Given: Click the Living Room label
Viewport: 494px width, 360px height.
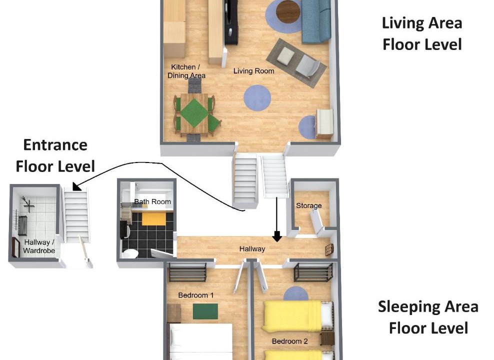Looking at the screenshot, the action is click(253, 71).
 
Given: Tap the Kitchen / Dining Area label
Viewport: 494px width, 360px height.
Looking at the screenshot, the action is click(186, 71).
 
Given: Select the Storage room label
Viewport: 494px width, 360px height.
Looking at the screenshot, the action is click(309, 205).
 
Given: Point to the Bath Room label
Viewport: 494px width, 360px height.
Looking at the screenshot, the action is click(152, 201).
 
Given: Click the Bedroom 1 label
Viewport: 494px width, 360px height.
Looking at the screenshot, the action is click(195, 295).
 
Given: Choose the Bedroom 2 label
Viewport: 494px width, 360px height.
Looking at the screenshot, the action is click(290, 341).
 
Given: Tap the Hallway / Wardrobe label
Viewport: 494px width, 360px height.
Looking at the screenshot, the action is click(39, 246).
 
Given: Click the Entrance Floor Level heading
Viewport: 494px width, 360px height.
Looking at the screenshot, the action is click(55, 155).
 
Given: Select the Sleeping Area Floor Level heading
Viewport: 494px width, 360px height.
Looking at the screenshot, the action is click(428, 317).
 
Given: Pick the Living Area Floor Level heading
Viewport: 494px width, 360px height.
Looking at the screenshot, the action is click(422, 33).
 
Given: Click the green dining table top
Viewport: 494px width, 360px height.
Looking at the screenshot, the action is click(194, 113).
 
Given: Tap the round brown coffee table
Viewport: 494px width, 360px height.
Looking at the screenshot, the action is click(288, 11).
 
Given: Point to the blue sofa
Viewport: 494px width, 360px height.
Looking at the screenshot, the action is click(316, 21).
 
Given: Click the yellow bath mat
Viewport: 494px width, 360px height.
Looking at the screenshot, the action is click(153, 219).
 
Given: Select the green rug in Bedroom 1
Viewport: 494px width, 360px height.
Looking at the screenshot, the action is click(205, 311).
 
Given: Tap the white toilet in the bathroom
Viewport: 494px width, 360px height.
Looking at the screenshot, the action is click(130, 254).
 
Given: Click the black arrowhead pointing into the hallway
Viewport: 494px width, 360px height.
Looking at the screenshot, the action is click(277, 236).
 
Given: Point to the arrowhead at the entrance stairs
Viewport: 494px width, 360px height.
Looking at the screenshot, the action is click(76, 186).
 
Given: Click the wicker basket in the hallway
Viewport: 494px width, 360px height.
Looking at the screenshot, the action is click(329, 250).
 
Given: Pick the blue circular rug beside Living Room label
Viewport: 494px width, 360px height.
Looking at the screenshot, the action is click(257, 97).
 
